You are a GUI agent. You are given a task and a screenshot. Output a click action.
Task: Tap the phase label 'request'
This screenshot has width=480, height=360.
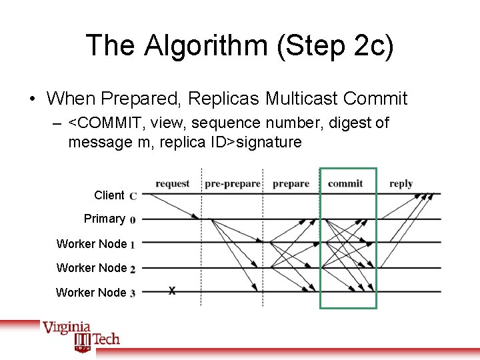[172, 183]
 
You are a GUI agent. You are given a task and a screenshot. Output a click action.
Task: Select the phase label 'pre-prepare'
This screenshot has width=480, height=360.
[232, 183]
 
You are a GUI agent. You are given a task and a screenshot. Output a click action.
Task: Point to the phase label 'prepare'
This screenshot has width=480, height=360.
[291, 183]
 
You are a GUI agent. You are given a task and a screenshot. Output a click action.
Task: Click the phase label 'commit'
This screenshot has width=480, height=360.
[345, 183]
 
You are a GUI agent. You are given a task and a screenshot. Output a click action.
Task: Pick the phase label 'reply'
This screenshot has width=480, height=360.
[401, 183]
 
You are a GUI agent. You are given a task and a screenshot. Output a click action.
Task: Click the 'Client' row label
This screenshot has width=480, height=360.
[109, 195]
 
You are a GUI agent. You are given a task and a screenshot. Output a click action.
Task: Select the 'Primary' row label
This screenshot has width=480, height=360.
[104, 219]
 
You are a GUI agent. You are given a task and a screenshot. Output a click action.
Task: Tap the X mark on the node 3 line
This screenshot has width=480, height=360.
[172, 291]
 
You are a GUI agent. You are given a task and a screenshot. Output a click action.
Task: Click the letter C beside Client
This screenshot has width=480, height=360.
[133, 196]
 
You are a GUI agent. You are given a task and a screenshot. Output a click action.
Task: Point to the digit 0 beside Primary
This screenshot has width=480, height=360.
[133, 219]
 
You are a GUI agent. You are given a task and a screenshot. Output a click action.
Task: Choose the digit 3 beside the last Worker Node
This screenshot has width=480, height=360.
[133, 293]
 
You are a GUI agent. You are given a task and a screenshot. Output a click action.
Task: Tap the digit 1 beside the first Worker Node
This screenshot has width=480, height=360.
[133, 245]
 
